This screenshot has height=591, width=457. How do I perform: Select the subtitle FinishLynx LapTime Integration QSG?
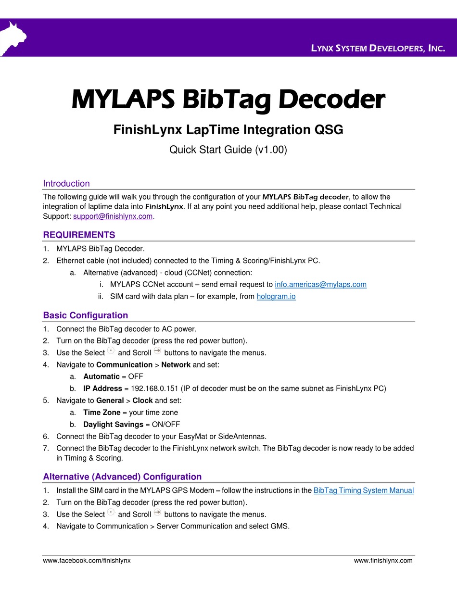coord(228,130)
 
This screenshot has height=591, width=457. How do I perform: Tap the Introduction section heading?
coord(66,183)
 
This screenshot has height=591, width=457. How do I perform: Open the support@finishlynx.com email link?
coord(113,216)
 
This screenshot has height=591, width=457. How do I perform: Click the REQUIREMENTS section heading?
coord(79,235)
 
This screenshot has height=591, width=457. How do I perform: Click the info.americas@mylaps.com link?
coord(320,284)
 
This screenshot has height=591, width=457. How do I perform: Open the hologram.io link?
coord(276,296)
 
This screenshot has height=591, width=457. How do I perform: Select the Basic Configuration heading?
coord(86,315)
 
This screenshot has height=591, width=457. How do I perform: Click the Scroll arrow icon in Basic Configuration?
coord(157,352)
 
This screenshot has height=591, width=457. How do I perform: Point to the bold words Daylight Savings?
coord(113,424)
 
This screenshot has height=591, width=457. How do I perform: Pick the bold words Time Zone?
coord(102,412)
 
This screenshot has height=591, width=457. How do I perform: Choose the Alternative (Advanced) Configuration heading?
coord(122,477)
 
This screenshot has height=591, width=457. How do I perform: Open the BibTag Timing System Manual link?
coord(363,490)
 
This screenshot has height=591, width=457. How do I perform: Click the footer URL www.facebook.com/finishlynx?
coord(87,560)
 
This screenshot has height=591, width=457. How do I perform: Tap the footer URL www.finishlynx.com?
coord(383,560)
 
